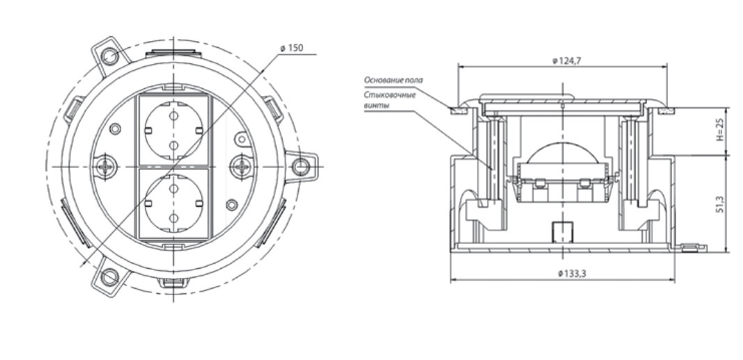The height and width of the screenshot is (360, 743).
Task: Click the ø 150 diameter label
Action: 291,48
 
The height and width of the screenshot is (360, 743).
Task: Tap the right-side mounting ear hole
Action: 300,166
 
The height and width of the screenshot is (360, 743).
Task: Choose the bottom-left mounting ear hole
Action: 107,277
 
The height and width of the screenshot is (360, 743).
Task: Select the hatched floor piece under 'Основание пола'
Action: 459,109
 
